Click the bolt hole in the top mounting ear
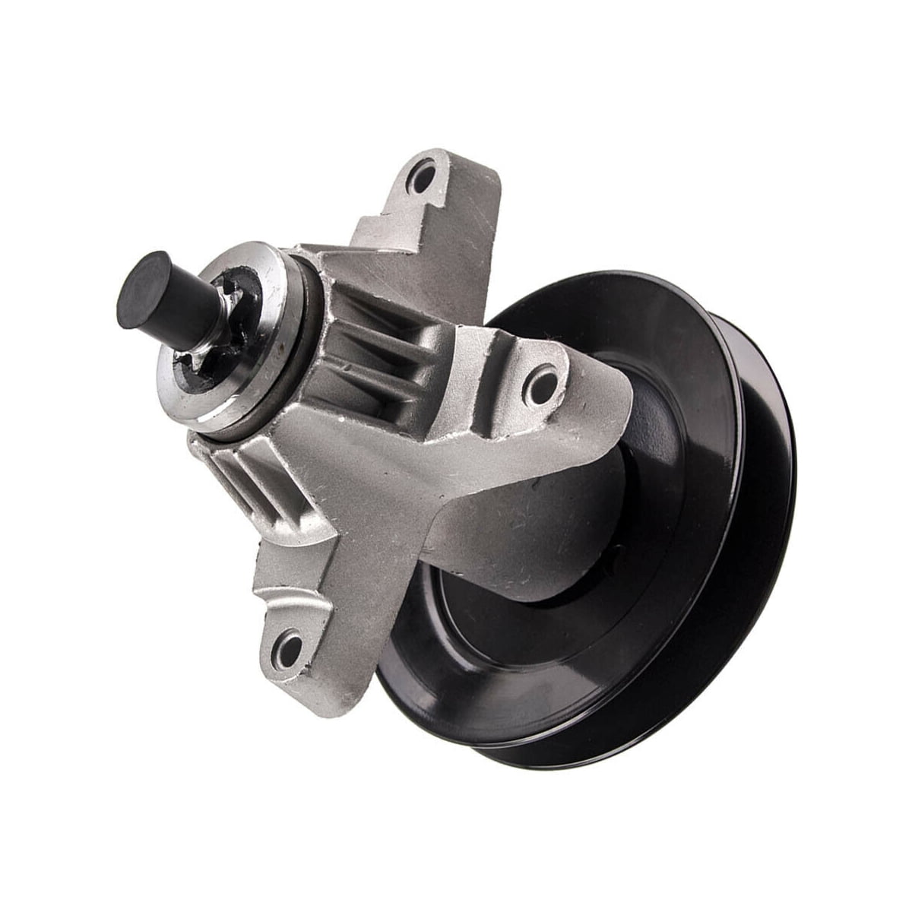coord(423,176)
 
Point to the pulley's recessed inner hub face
coord(532,646)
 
